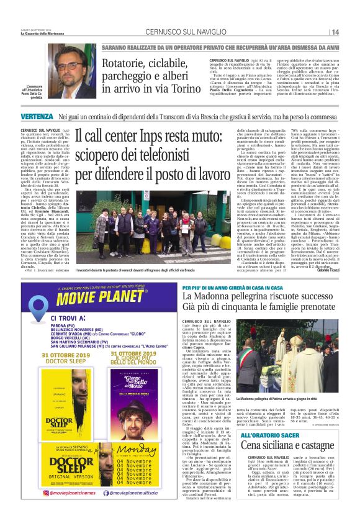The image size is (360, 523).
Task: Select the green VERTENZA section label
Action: pos(37,117)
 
